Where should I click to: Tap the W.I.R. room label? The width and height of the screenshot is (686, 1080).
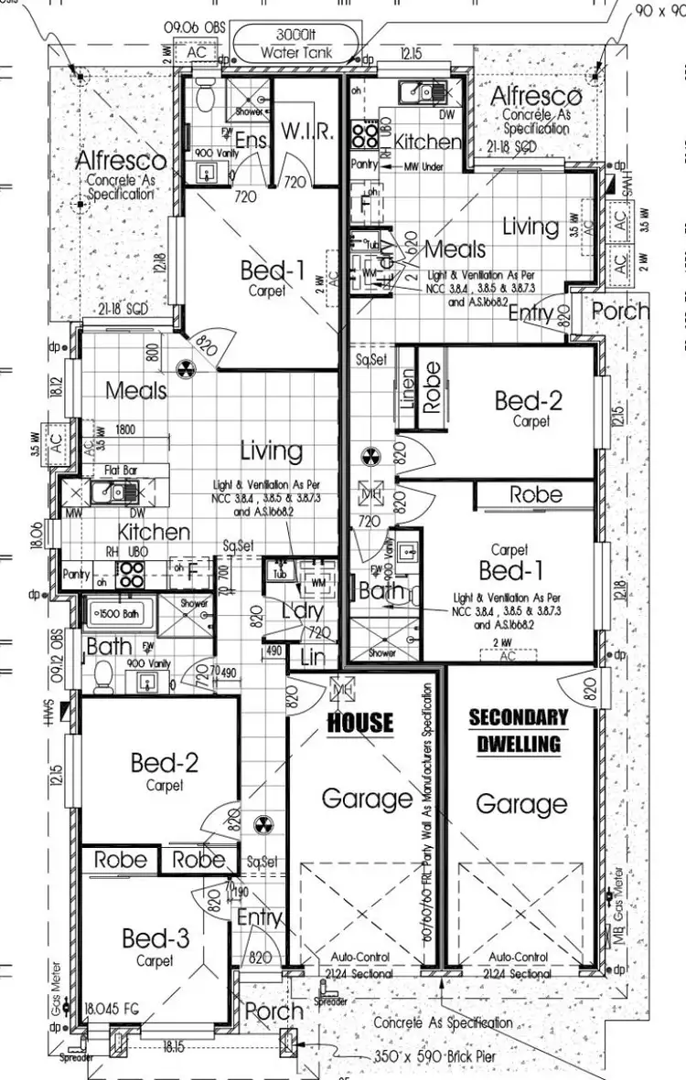(x=305, y=132)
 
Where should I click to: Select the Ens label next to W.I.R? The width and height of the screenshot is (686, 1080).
(x=251, y=140)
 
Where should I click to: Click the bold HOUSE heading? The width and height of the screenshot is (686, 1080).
(x=360, y=723)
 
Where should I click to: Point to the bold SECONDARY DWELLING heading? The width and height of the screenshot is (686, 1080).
(x=518, y=730)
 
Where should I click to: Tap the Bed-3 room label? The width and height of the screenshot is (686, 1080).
(x=155, y=938)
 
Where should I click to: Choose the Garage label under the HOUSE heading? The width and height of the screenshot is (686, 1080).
(x=366, y=799)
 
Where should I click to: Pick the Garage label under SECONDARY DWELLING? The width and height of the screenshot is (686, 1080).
(x=521, y=804)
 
